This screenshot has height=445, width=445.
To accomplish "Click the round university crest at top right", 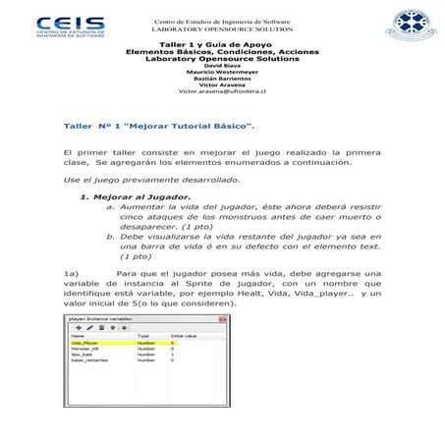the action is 397,33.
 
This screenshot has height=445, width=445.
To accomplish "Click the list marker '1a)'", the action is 70,273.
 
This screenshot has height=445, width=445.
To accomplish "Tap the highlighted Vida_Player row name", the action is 84,344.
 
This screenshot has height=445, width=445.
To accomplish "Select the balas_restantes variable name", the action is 88,362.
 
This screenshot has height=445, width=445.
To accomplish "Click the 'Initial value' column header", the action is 185,336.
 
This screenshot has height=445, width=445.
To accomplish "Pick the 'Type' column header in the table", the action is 143,336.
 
